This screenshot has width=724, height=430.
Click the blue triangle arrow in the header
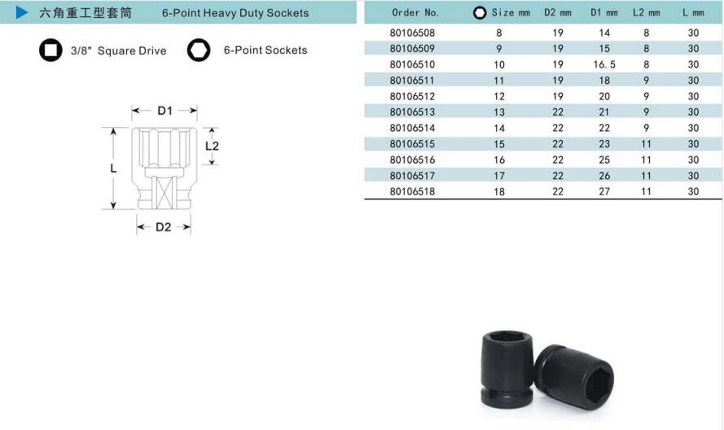(x=22, y=12)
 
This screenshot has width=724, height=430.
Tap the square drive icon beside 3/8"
(x=50, y=50)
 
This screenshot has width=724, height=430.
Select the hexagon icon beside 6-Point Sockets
(x=199, y=50)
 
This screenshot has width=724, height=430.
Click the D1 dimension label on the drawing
(x=165, y=111)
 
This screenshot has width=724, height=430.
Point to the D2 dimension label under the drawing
(x=164, y=227)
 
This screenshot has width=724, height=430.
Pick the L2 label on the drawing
(x=212, y=147)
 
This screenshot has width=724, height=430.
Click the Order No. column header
(x=415, y=12)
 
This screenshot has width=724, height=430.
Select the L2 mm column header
(x=646, y=12)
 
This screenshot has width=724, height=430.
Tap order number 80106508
(x=412, y=33)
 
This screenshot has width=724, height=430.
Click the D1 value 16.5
(x=604, y=64)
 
